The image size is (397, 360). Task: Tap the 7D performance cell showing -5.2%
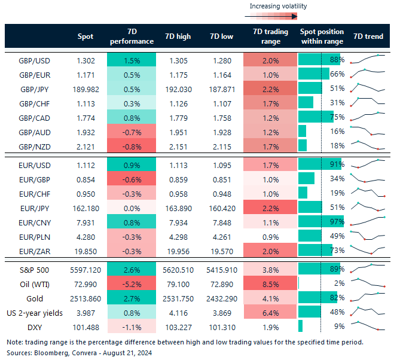tap(131, 283)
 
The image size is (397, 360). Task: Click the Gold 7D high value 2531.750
tap(175, 297)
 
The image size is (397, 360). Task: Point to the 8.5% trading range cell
tap(270, 283)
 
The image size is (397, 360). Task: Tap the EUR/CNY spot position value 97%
tap(336, 222)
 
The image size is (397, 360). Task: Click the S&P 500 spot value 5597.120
tap(85, 269)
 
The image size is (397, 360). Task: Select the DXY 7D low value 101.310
tap(221, 326)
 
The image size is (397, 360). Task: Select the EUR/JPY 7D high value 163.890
tap(175, 208)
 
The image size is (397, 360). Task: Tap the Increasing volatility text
tap(277, 7)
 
